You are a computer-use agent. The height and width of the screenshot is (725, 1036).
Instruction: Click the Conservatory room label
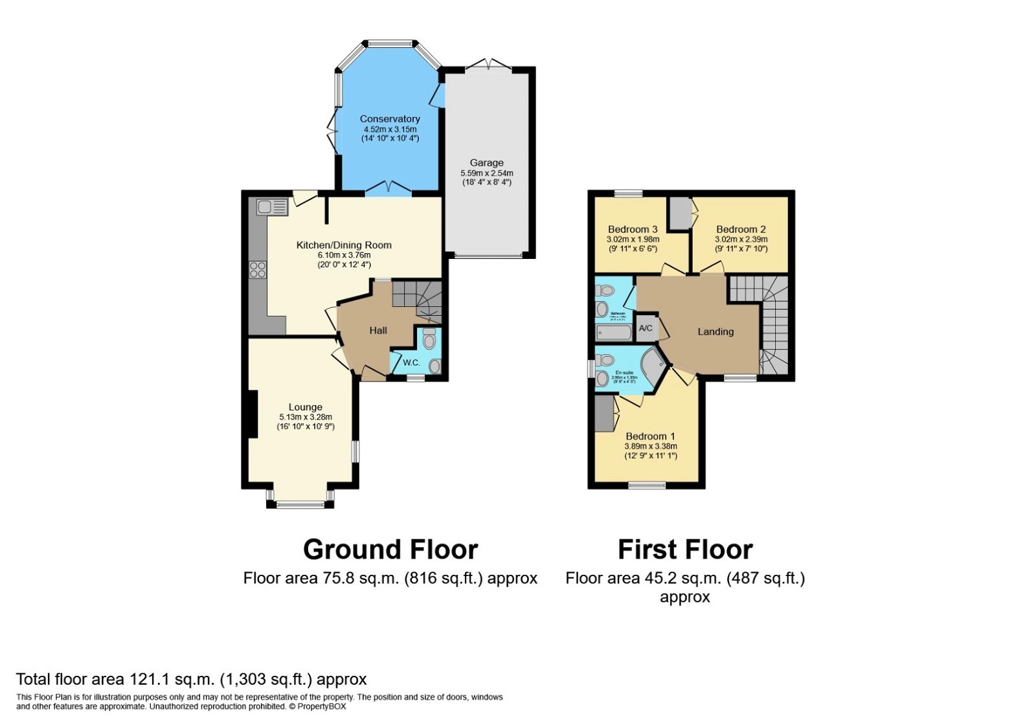coord(390,119)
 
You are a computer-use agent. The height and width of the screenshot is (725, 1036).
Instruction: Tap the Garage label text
coord(486,163)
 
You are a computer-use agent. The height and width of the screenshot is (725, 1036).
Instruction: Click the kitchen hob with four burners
coord(258,270)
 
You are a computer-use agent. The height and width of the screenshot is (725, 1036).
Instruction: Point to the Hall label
coord(378,331)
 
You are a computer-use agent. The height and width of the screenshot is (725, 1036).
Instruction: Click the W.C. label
coord(412,362)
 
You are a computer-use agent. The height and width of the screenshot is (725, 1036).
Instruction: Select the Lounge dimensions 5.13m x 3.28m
coord(306,418)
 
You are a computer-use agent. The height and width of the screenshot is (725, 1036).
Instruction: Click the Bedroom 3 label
coord(633,229)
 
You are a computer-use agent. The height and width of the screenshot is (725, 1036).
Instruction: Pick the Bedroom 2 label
coord(741,229)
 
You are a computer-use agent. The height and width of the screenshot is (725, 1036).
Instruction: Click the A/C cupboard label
coord(646,329)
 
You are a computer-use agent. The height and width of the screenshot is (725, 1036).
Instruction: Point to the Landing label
coord(715,332)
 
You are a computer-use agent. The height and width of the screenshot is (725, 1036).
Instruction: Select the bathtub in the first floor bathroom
coord(613,333)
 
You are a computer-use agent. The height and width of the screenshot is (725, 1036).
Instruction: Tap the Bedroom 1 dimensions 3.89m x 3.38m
coord(650,447)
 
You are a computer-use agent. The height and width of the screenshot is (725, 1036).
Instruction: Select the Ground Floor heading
coord(390,550)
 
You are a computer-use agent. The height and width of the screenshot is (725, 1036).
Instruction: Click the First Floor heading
coord(685,550)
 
